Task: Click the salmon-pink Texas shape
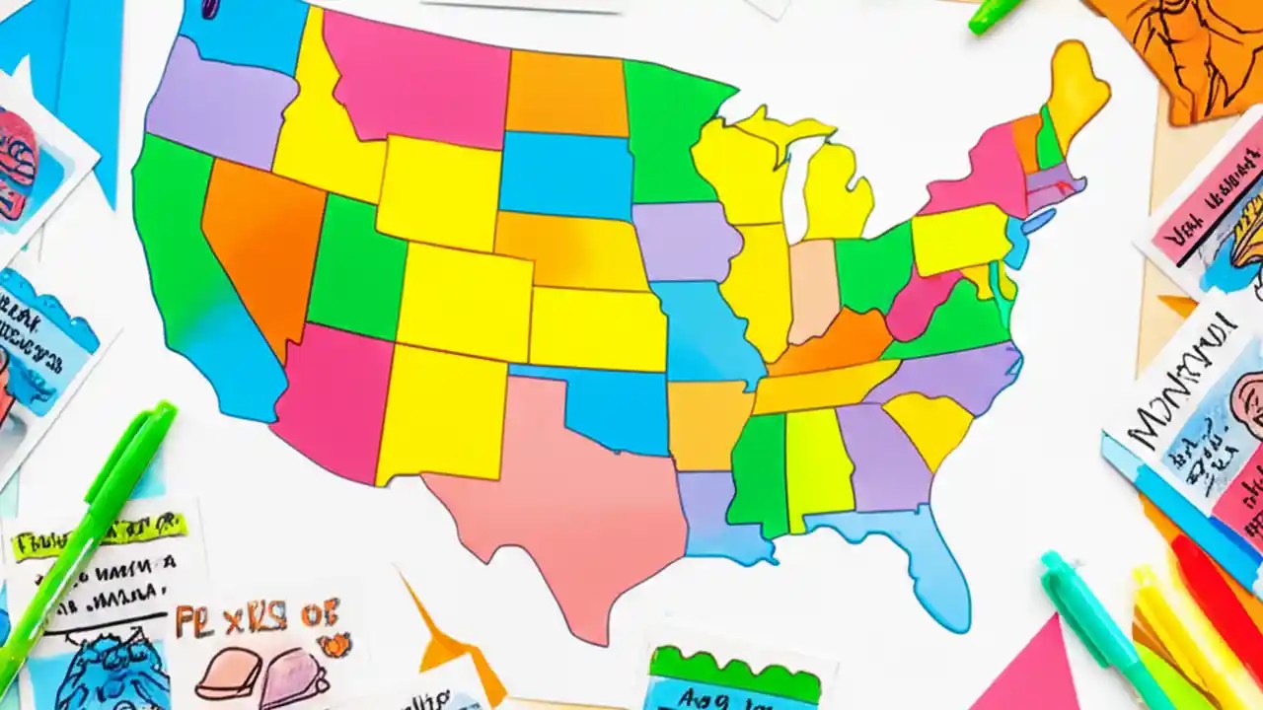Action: (x=572, y=493)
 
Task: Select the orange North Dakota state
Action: (x=567, y=94)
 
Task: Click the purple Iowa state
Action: (x=686, y=242)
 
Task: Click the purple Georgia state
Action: (x=883, y=454)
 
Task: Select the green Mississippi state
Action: (x=760, y=473)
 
